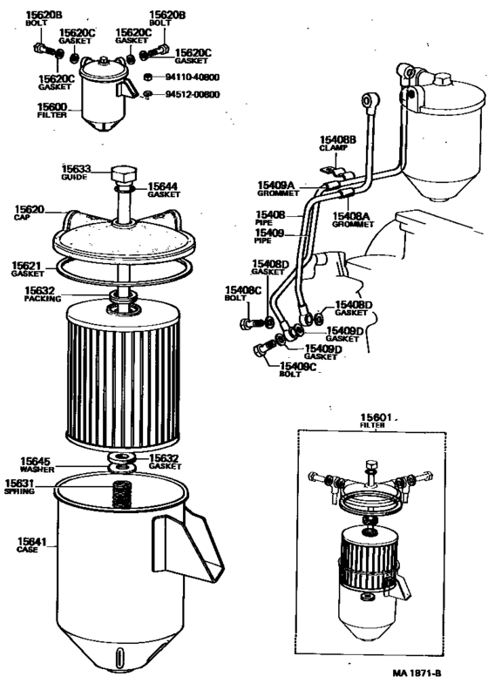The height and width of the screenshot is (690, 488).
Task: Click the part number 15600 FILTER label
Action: point(51,110)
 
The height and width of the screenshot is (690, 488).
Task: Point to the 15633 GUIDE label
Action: point(77,172)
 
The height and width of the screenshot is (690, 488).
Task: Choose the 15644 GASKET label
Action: point(164,189)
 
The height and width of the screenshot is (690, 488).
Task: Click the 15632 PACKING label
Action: point(40,294)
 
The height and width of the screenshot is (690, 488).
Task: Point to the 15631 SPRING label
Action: point(20,487)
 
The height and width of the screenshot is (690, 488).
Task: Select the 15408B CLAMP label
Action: point(335,143)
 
